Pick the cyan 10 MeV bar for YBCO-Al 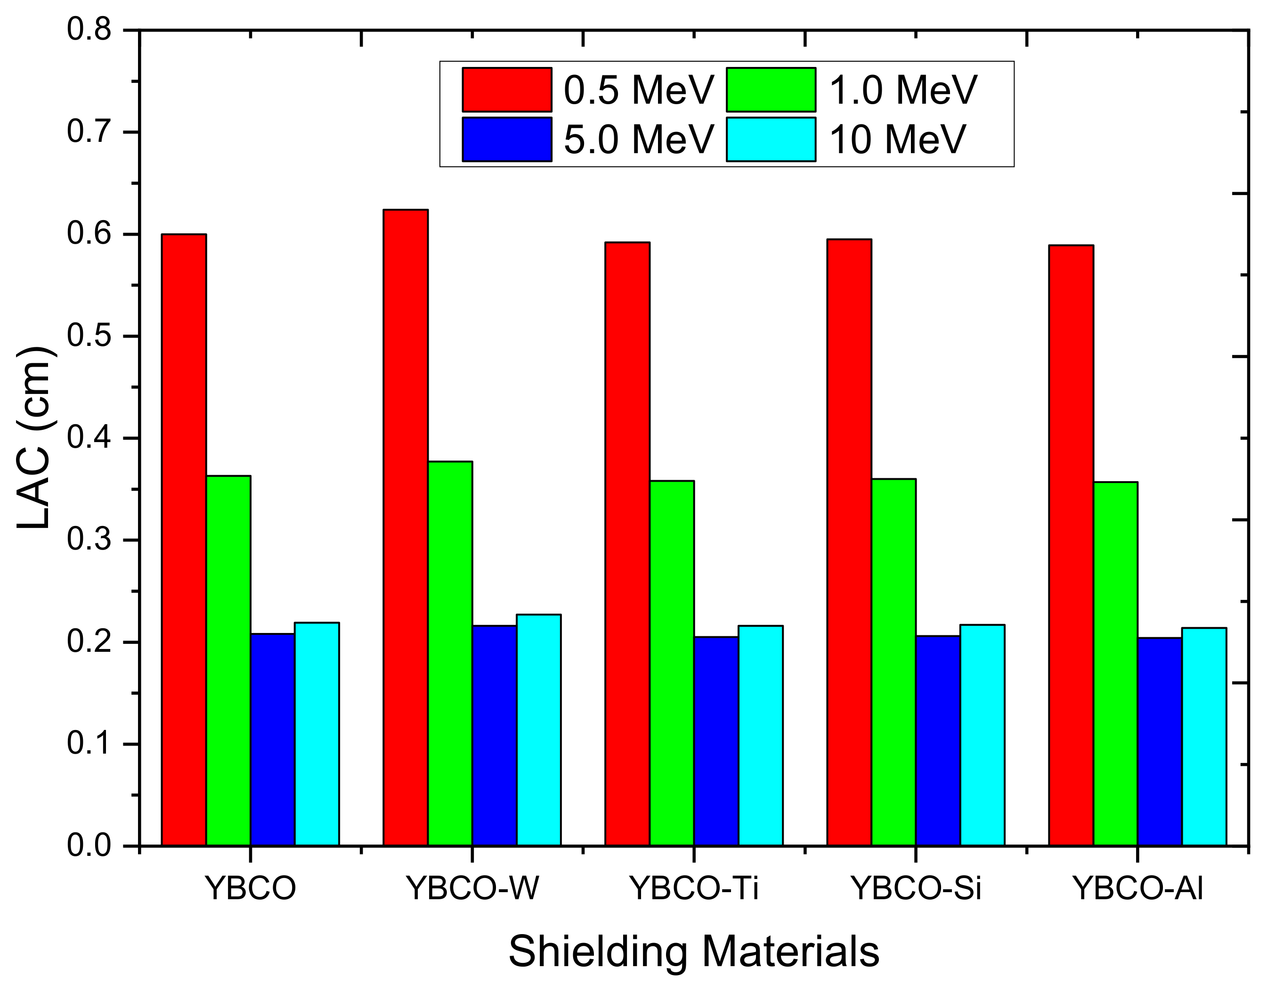(1204, 737)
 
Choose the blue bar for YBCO (273, 739)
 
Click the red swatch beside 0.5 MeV (507, 90)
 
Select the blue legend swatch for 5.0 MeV (507, 140)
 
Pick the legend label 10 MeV (897, 140)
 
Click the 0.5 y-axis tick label (89, 336)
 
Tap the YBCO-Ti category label (694, 888)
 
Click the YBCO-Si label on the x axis (916, 888)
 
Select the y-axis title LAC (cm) (35, 438)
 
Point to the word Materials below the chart (791, 952)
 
